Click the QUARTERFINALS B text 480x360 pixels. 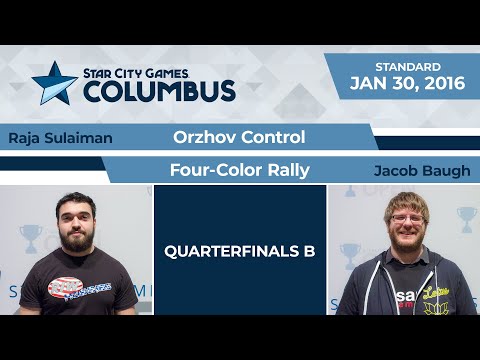pos(240,251)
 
